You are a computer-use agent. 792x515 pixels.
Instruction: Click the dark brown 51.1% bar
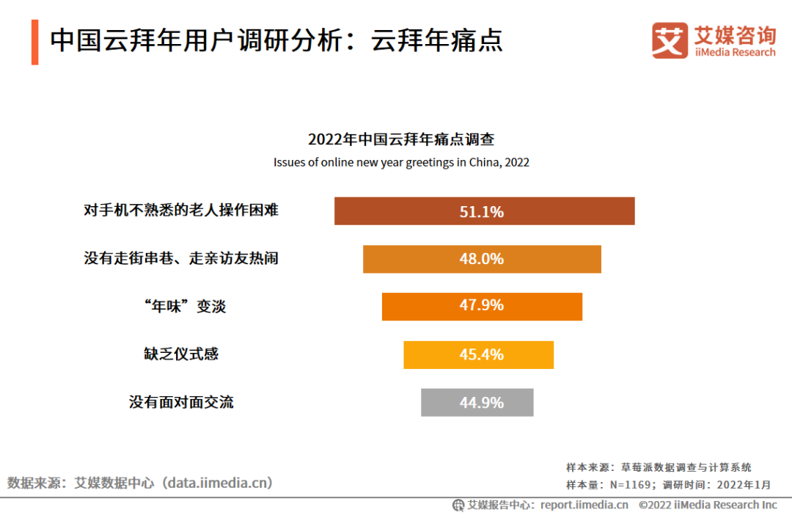[x=484, y=211]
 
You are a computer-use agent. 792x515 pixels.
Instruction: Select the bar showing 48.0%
[x=482, y=259]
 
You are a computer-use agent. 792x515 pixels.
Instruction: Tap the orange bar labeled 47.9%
[x=482, y=307]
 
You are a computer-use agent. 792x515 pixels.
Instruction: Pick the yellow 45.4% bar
[x=478, y=355]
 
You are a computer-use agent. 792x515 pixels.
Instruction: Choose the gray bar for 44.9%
[x=477, y=403]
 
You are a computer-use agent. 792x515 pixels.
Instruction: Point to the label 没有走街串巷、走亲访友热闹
[x=181, y=258]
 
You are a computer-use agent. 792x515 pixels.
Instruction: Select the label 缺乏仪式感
[x=181, y=354]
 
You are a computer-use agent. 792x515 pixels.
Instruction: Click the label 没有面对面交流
[x=181, y=402]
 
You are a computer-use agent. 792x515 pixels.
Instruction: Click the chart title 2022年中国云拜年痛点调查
[x=401, y=139]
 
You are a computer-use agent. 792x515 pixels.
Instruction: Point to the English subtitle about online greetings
[x=401, y=162]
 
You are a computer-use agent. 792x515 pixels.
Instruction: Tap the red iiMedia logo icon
[x=670, y=40]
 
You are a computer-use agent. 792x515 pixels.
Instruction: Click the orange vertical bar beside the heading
[x=34, y=43]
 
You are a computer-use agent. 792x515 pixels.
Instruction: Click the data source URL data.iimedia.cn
[x=218, y=483]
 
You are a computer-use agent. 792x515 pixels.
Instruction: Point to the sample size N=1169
[x=628, y=484]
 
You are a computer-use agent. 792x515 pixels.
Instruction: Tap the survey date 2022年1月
[x=744, y=484]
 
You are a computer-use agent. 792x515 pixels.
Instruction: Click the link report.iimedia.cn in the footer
[x=584, y=505]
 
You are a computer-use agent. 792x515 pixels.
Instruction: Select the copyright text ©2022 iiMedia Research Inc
[x=708, y=505]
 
